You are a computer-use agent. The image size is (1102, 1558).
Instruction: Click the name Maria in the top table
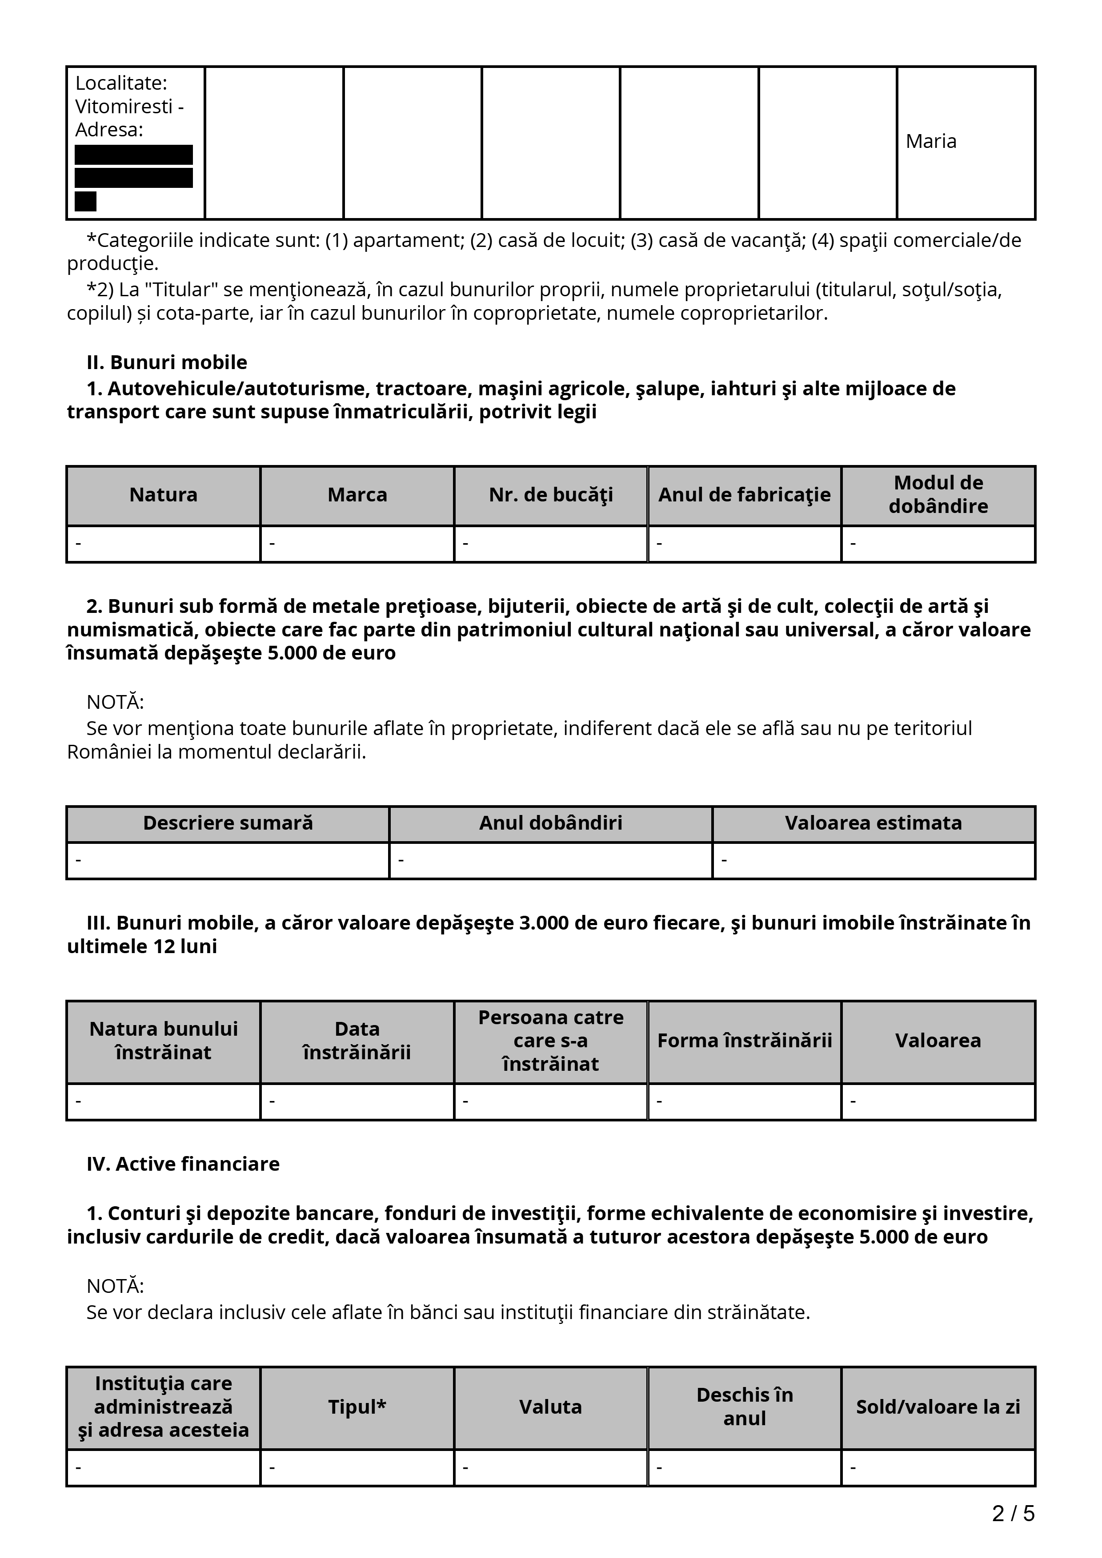point(930,141)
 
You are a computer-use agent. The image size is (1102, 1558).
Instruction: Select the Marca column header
point(357,495)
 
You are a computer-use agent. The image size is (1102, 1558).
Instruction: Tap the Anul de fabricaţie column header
point(744,495)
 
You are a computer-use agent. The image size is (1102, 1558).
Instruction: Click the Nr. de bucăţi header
point(551,495)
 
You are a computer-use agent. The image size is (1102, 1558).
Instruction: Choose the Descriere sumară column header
point(228,823)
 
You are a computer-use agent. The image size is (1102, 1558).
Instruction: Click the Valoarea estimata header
point(873,823)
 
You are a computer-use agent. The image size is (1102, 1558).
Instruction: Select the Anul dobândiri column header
point(551,823)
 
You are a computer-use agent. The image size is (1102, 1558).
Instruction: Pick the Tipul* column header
point(357,1407)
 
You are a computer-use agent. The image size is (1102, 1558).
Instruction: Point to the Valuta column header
point(551,1407)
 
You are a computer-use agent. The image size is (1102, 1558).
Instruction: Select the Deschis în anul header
point(744,1407)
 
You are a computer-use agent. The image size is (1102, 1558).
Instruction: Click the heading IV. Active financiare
point(183,1164)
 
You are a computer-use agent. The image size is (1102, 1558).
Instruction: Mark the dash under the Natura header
point(79,544)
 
